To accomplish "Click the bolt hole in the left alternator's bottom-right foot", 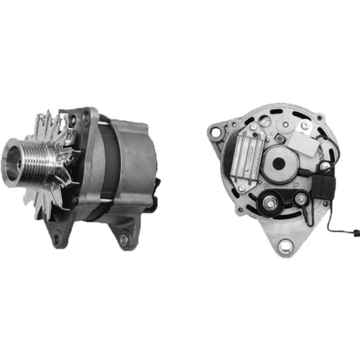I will click(124, 241).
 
